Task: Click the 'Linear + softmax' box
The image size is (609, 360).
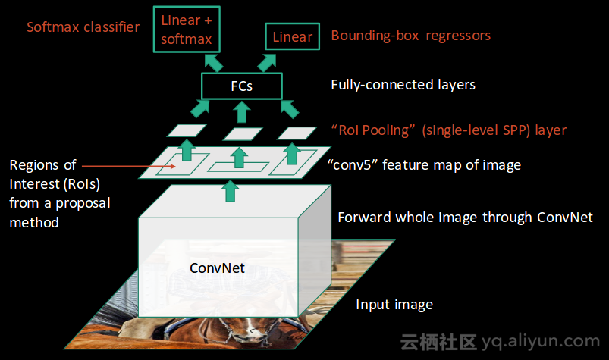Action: (187, 30)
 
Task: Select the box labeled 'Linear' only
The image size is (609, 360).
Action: (292, 37)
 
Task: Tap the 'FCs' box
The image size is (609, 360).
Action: (241, 86)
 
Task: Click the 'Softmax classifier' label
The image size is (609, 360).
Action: (83, 27)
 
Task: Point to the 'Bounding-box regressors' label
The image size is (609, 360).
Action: (410, 36)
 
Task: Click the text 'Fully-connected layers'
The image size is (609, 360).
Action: (403, 85)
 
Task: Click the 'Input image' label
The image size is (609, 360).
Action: (394, 305)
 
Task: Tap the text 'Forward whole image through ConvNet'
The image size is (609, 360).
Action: (464, 218)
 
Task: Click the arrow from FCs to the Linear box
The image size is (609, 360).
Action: (271, 61)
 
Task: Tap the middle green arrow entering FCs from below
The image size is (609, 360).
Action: (242, 111)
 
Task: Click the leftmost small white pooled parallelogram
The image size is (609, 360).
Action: (182, 131)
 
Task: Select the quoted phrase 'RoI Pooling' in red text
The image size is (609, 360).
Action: (371, 130)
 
